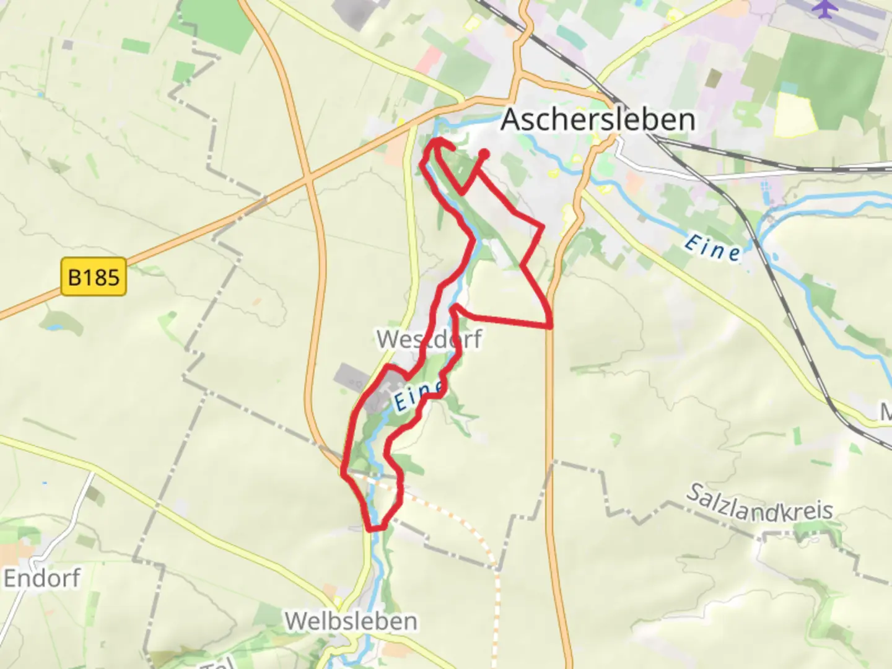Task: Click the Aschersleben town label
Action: click(598, 119)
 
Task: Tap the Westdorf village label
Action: click(429, 339)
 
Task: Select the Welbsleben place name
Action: click(351, 621)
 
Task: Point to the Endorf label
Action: click(42, 579)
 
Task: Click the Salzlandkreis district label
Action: click(760, 503)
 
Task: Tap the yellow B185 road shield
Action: click(94, 276)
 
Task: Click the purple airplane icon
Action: click(823, 8)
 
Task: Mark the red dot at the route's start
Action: click(484, 154)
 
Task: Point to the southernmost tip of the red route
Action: click(372, 529)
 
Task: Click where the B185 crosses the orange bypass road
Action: click(308, 180)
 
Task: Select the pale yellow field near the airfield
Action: click(794, 115)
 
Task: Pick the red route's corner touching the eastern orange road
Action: click(550, 325)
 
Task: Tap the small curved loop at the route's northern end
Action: click(439, 144)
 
